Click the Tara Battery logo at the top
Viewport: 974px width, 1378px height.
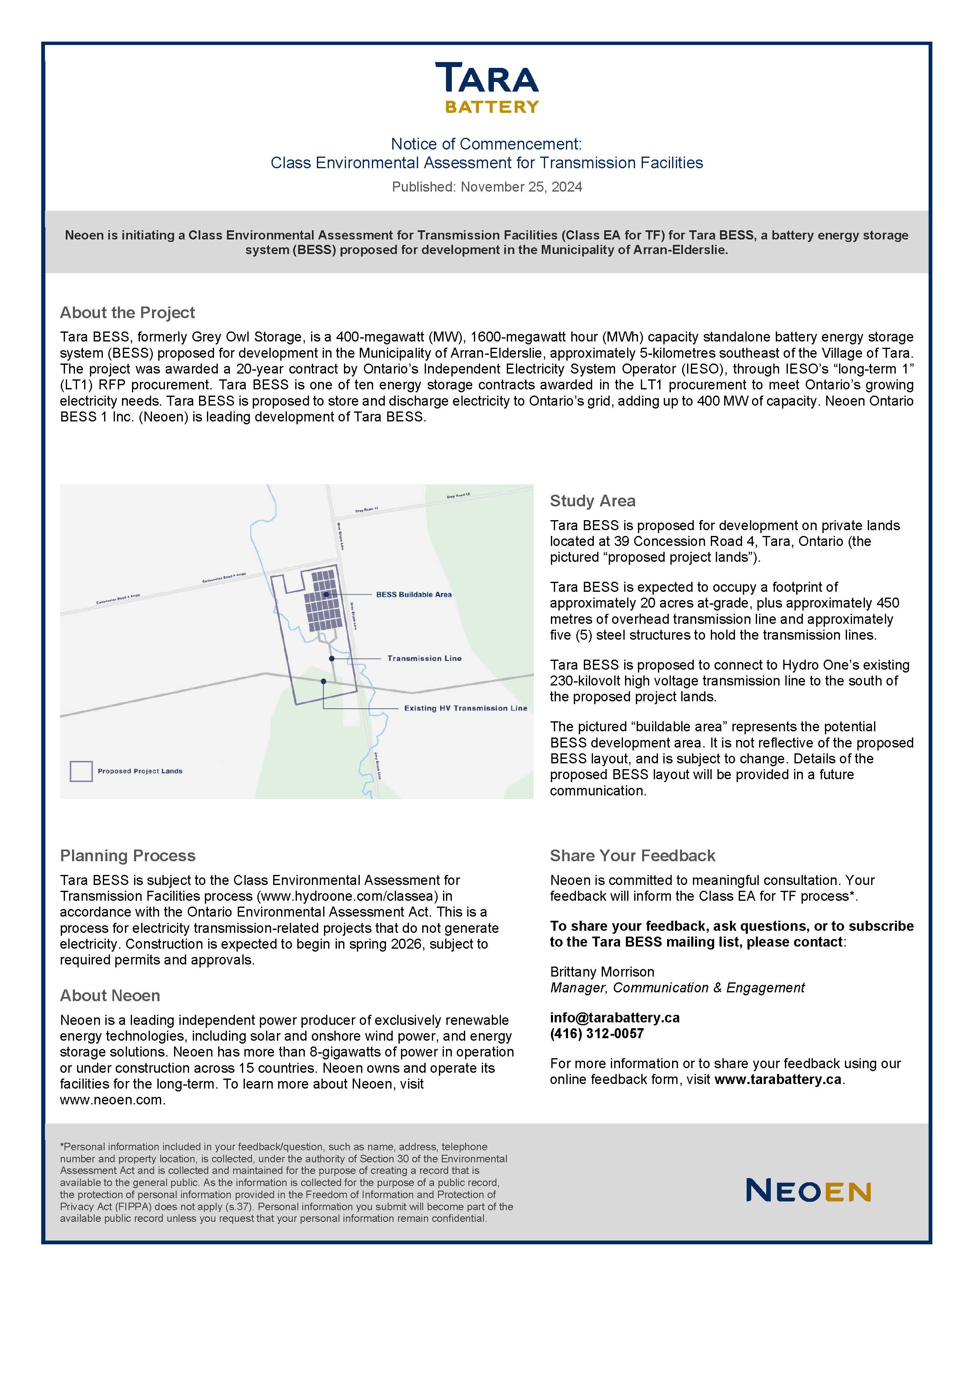tap(487, 87)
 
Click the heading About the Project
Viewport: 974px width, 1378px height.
tap(127, 313)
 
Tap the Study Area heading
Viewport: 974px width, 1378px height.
tap(592, 501)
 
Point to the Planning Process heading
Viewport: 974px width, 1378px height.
tap(127, 856)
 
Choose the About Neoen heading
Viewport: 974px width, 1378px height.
tap(110, 996)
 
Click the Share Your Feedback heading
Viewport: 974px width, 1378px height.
tap(633, 856)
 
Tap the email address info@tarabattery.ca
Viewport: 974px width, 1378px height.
tap(615, 1018)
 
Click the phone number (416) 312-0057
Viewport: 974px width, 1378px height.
tap(597, 1034)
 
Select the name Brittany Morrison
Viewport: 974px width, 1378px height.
tap(602, 972)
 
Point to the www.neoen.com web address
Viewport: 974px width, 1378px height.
tap(112, 1100)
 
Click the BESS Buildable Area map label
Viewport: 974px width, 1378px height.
tap(414, 595)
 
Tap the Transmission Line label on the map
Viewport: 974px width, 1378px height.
tap(424, 658)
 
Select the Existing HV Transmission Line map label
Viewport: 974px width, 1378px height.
tap(465, 708)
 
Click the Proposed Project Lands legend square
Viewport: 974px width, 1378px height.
tap(81, 771)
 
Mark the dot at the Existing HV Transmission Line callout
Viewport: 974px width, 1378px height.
tap(324, 681)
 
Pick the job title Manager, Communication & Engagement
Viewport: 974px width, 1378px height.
tap(677, 988)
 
